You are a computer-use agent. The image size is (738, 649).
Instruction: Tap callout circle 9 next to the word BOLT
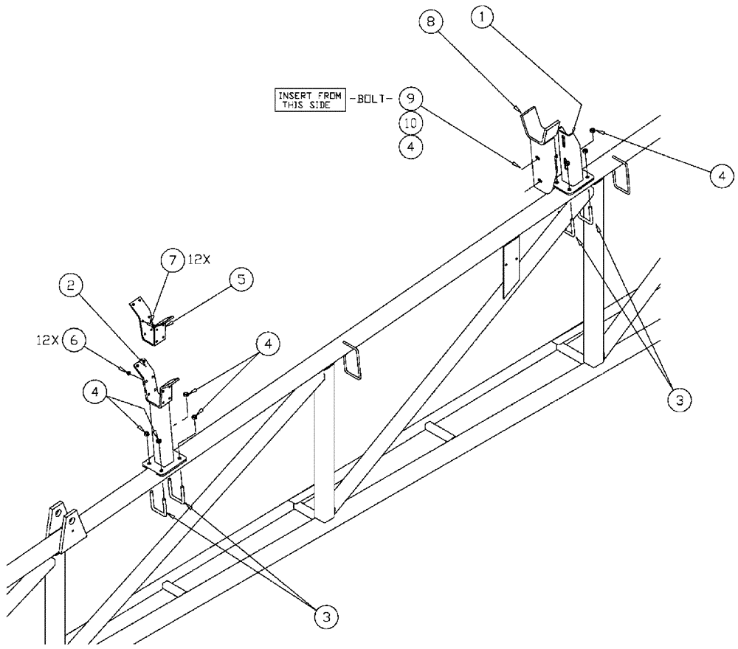410,97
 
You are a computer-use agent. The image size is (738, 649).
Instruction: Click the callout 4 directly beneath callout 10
410,147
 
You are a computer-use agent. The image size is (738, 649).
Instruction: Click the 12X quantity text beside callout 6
46,340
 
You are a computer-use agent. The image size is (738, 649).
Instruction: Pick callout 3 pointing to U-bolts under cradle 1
679,400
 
